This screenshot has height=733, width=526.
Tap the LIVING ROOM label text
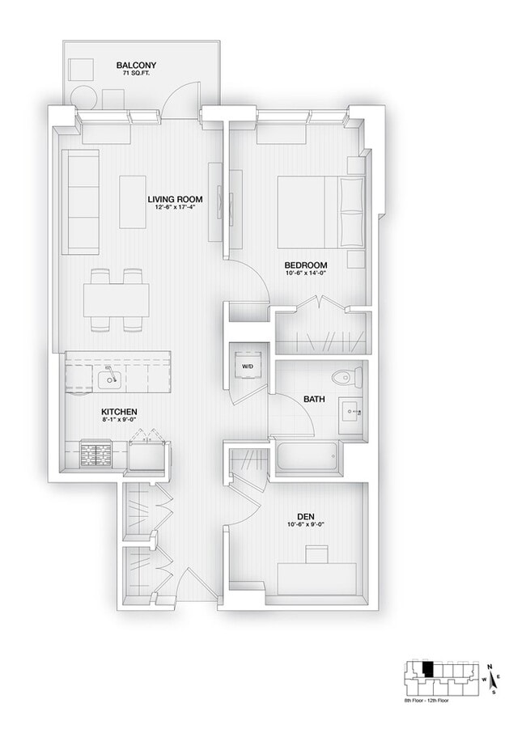174,199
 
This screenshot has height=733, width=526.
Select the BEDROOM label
305,265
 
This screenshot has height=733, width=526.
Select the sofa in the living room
81,200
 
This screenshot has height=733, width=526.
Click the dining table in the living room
117,300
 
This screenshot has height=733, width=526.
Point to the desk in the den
317,580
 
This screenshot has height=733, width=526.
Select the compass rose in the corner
493,680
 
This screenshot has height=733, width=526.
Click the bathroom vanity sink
353,412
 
